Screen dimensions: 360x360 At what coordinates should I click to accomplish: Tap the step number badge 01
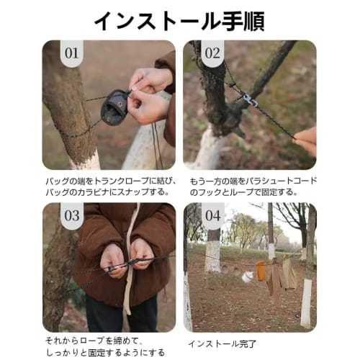(71, 53)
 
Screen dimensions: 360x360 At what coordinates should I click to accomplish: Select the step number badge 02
(213, 53)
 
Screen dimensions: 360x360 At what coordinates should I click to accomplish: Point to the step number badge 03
(72, 215)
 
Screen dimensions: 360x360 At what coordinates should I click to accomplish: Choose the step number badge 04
(213, 215)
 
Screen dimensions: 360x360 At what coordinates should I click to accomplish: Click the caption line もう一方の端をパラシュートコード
(252, 181)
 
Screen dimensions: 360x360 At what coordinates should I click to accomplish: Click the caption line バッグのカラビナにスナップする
(108, 192)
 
